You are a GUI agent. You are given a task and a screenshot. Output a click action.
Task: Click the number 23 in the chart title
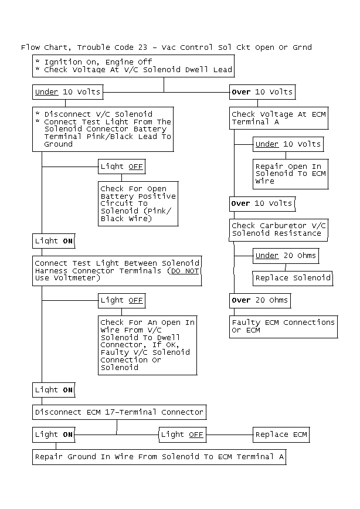click(x=142, y=47)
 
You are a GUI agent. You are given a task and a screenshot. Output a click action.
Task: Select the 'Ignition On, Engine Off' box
click(x=134, y=66)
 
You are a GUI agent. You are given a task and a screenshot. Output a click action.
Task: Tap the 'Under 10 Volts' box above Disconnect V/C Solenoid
click(x=68, y=92)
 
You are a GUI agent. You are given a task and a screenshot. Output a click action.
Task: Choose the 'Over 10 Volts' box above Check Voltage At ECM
click(x=262, y=92)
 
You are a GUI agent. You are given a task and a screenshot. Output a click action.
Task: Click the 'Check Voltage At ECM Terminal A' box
click(x=279, y=118)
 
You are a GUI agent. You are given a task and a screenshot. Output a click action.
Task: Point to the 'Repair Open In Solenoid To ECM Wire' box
click(x=291, y=174)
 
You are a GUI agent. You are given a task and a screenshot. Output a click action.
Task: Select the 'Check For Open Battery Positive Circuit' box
click(x=138, y=204)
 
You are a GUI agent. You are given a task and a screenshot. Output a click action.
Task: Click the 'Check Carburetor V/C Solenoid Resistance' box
click(x=279, y=230)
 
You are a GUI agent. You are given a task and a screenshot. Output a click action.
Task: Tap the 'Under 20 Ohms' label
click(x=286, y=256)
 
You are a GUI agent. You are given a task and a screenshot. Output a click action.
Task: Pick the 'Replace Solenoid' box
click(x=293, y=278)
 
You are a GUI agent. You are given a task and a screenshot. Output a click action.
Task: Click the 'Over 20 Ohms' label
click(x=260, y=300)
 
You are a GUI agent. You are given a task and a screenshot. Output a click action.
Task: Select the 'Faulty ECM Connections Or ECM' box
click(x=283, y=327)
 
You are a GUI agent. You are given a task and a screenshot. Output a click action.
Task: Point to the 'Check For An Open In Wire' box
click(x=148, y=345)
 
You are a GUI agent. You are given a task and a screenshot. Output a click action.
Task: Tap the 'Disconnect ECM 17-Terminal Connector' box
click(x=120, y=412)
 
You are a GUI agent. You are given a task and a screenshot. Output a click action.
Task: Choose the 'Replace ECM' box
click(x=281, y=435)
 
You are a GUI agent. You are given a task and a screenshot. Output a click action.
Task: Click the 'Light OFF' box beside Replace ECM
click(x=182, y=435)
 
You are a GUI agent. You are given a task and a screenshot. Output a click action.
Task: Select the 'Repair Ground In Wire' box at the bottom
click(x=159, y=457)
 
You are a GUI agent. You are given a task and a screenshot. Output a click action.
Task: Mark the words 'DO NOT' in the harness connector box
click(x=185, y=271)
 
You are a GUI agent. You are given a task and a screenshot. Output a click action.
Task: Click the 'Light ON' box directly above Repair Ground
click(x=54, y=435)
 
